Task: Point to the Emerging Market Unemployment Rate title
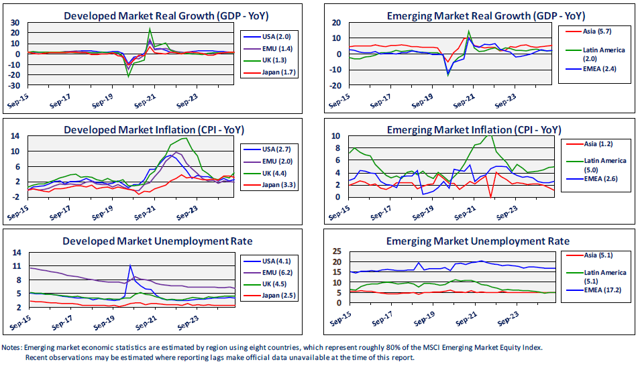(478, 241)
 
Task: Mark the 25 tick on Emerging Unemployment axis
(337, 251)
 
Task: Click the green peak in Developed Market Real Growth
(150, 29)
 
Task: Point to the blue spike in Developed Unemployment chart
(130, 266)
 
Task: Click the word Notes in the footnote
(12, 347)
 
